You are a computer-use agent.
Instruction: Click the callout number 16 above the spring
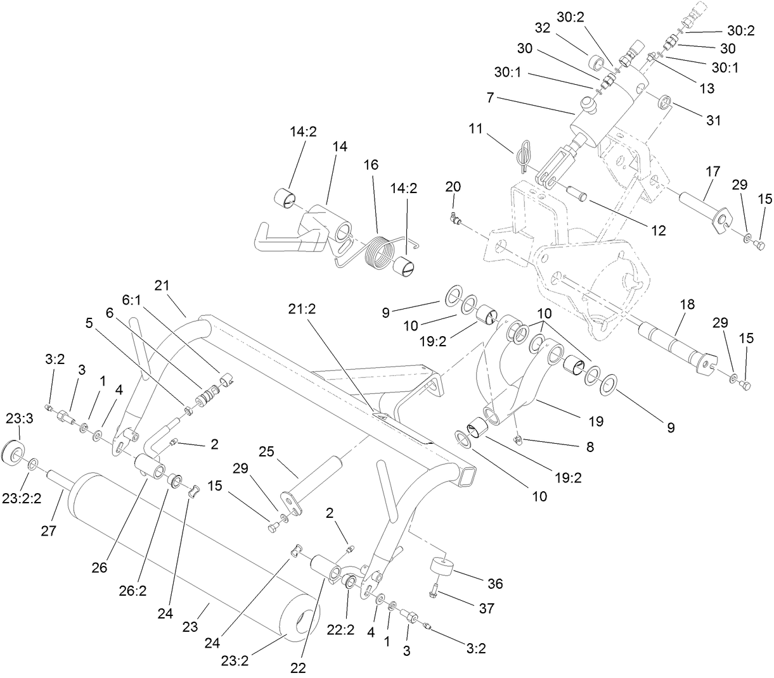click(371, 165)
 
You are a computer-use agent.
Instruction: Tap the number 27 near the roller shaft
click(49, 530)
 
